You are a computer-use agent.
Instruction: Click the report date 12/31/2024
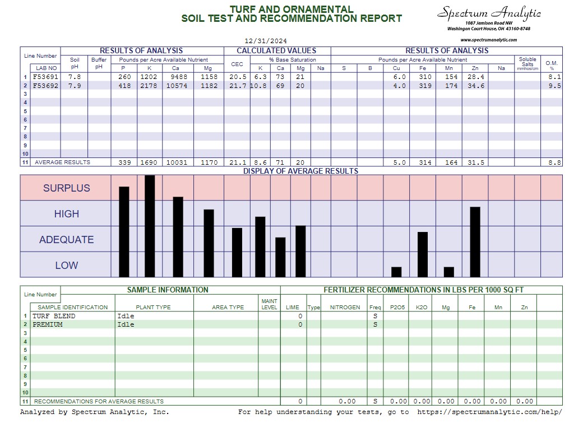[x=266, y=41]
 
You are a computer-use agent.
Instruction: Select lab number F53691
[x=45, y=77]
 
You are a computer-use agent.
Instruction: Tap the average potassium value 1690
[x=150, y=162]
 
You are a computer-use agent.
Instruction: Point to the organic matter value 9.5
[x=551, y=86]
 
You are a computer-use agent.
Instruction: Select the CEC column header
[x=237, y=64]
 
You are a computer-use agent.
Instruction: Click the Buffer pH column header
[x=99, y=63]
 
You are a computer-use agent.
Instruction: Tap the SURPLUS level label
[x=66, y=188]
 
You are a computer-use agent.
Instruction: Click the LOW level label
[x=66, y=266]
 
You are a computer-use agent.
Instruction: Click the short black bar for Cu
[x=396, y=272]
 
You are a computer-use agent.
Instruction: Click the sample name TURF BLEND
[x=54, y=316]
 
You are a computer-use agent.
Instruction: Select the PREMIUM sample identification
[x=48, y=324]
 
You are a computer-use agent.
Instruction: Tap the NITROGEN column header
[x=345, y=307]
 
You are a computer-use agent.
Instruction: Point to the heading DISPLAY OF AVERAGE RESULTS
[x=300, y=171]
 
